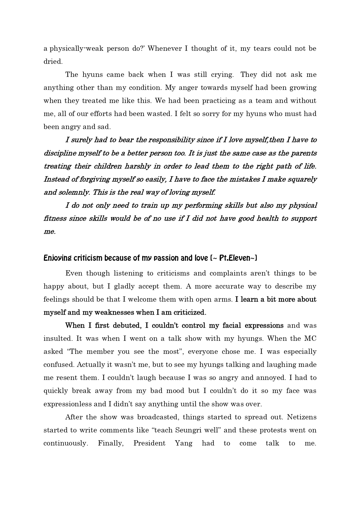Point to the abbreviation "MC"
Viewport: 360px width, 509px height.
coord(310,338)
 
